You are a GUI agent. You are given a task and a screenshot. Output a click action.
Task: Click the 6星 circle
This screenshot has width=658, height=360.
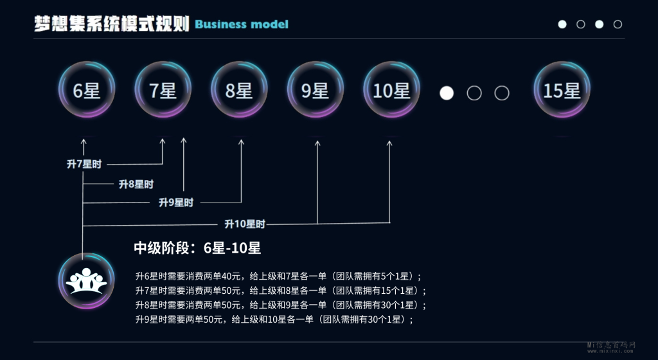click(87, 91)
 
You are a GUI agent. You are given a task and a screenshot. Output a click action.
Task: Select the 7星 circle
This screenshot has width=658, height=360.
click(163, 91)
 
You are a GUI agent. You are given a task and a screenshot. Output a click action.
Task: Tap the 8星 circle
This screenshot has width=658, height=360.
click(239, 91)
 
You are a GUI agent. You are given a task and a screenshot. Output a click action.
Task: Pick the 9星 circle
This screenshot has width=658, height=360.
click(315, 91)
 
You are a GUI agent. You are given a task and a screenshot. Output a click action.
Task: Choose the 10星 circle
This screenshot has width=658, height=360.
click(391, 91)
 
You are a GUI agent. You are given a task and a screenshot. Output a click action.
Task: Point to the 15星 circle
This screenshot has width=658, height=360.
click(562, 91)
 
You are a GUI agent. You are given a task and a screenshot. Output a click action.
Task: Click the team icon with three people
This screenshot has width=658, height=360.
click(86, 282)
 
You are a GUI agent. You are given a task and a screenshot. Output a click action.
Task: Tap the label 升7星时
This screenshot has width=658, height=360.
click(84, 164)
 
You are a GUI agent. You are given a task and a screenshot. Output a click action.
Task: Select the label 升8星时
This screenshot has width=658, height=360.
click(136, 184)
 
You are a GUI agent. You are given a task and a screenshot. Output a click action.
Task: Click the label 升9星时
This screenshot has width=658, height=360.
click(176, 203)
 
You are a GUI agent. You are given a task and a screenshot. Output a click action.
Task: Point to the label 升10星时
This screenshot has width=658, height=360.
click(244, 224)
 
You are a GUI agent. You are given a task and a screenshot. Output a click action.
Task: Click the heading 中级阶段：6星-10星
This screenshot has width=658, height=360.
click(197, 248)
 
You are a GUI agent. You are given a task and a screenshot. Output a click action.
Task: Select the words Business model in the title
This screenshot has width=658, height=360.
click(242, 24)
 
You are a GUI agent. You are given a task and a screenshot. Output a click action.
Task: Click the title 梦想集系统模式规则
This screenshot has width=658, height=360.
click(112, 24)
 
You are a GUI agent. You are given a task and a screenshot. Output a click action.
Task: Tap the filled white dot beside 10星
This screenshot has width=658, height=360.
click(447, 93)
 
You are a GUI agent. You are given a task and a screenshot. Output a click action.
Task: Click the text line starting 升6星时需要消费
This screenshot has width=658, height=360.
click(278, 276)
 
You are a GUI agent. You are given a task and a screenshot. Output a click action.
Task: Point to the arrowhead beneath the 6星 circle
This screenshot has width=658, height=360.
click(83, 141)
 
